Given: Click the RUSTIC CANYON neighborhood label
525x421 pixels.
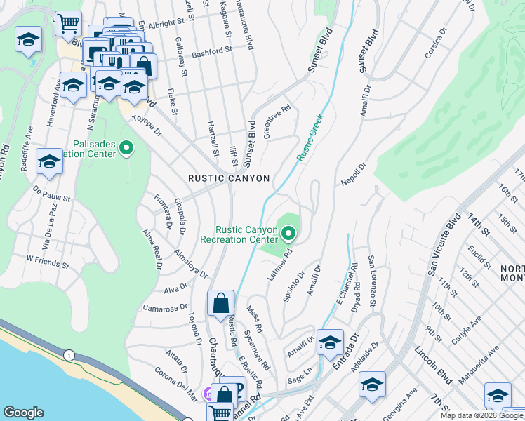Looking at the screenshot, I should [229, 178].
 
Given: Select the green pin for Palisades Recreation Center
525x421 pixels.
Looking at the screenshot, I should [126, 148].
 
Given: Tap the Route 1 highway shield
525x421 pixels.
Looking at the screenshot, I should [69, 356].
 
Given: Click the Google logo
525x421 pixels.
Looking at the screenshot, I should [23, 413].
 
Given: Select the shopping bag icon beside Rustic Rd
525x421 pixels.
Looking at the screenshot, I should [220, 305].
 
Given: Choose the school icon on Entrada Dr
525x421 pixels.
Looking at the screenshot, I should [330, 343].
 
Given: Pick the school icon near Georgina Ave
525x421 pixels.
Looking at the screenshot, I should [372, 385].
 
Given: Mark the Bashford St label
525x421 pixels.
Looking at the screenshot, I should [211, 51].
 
